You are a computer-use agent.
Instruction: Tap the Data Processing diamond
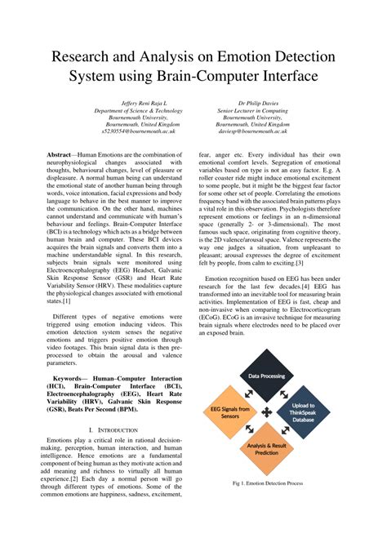tap(266, 376)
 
